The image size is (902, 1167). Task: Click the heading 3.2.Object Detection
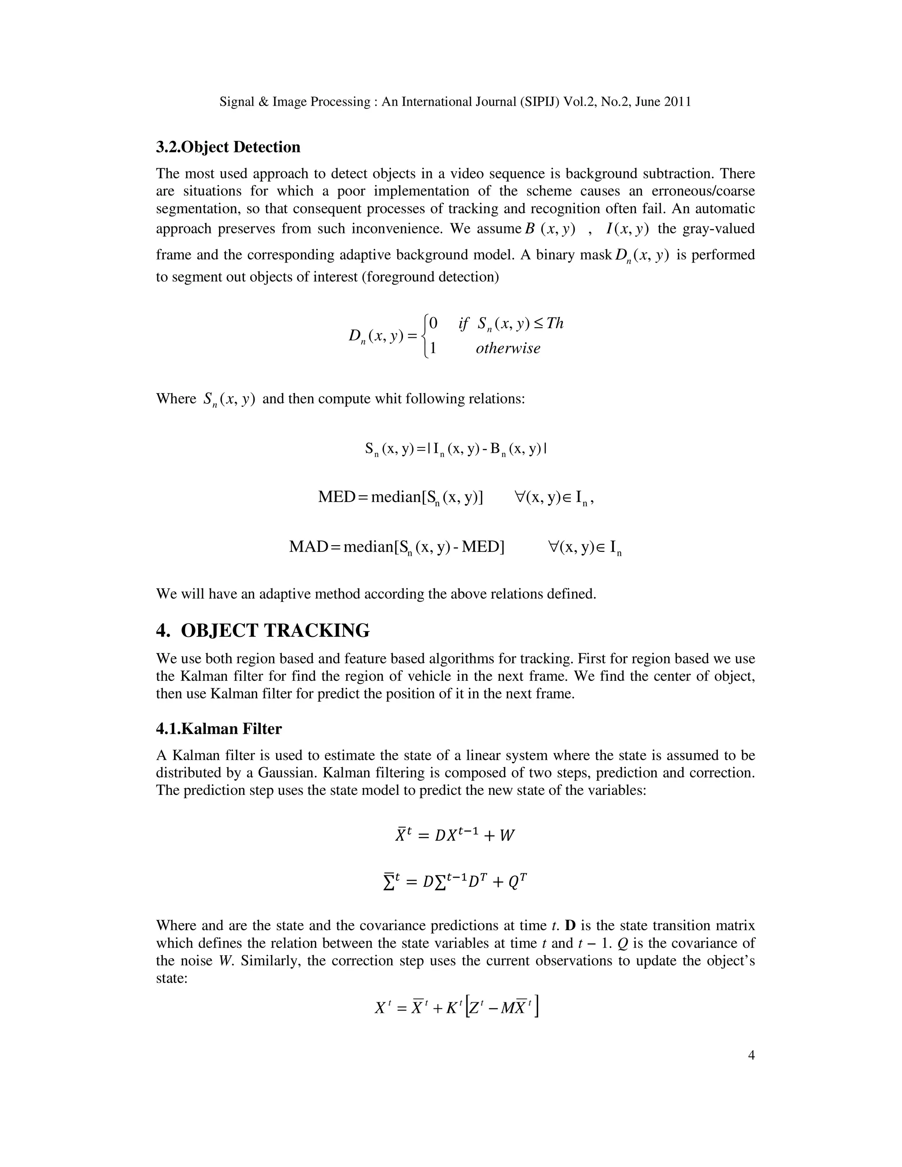point(228,147)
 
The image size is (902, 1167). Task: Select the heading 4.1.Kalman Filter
point(218,729)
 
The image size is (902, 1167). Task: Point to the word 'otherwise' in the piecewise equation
point(508,348)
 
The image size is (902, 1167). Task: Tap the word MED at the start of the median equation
point(336,497)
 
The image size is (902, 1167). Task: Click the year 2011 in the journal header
point(677,102)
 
